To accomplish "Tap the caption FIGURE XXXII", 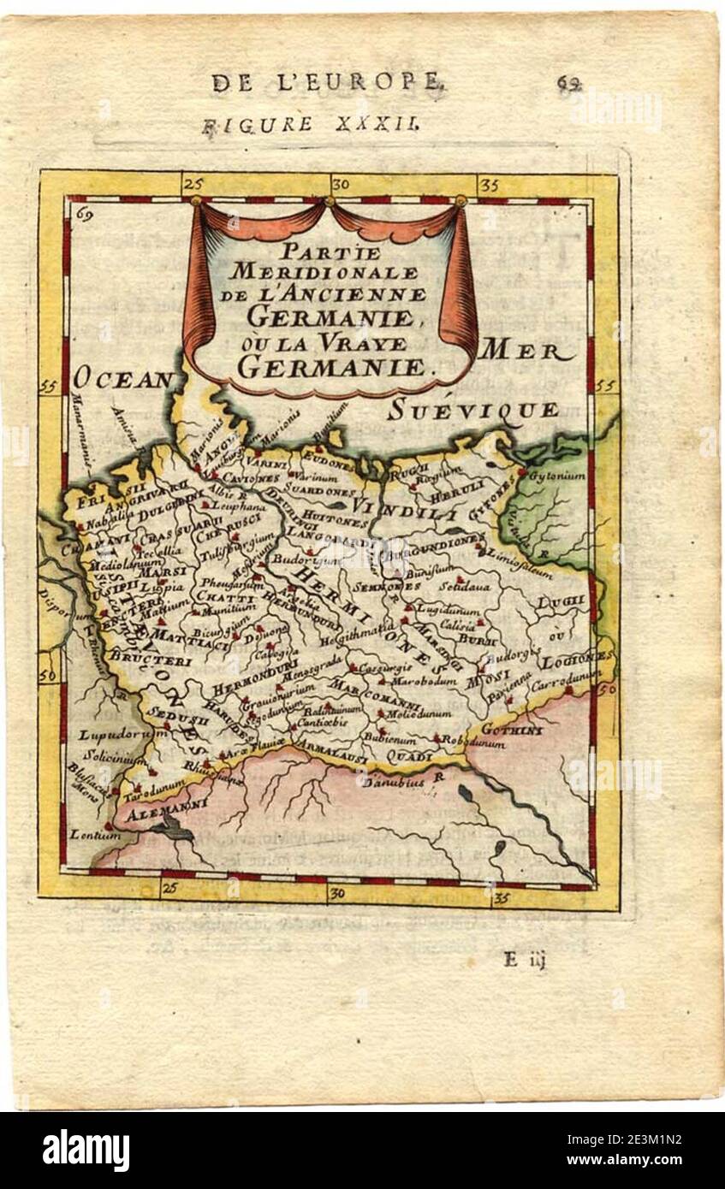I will pos(310,125).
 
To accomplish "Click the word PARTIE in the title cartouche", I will pos(332,254).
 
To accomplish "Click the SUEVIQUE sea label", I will pos(473,411).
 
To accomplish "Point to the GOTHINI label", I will pos(512,730).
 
